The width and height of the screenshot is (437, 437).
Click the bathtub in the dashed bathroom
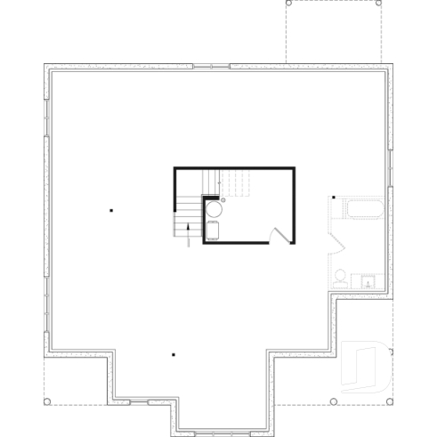click(363, 210)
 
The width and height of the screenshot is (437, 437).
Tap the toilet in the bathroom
click(340, 277)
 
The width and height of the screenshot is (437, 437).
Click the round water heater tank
click(214, 210)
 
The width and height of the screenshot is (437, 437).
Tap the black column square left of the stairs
click(111, 211)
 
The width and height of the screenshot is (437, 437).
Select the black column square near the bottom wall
click(174, 354)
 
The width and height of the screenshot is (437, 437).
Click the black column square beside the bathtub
click(333, 198)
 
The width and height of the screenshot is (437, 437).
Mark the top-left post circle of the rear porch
click(287, 4)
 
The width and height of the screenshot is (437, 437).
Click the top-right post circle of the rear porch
click(380, 4)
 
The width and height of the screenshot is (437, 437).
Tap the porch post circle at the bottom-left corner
click(45, 401)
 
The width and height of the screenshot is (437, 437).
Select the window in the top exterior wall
click(211, 66)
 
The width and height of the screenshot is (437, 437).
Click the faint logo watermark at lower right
click(365, 365)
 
